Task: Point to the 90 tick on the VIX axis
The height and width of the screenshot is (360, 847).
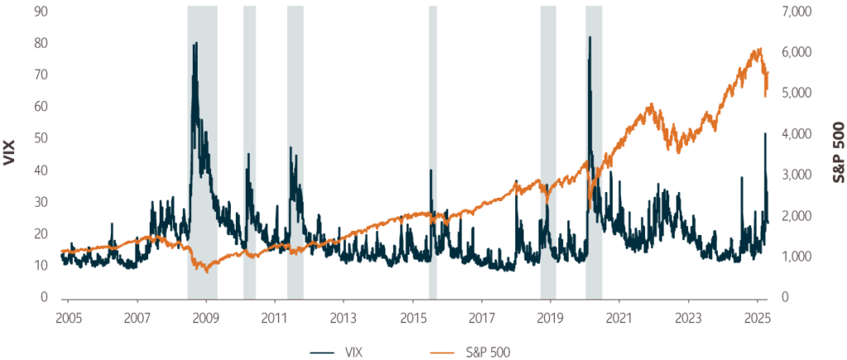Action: [39, 12]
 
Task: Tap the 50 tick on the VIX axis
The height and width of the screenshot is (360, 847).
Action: [39, 138]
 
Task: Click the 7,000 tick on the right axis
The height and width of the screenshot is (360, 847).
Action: [797, 12]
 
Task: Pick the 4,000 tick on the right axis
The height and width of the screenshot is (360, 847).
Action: [797, 134]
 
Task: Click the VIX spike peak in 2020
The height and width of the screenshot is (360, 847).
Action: [590, 37]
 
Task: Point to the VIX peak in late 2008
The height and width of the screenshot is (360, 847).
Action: [195, 43]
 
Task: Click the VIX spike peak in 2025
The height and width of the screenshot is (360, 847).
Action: [765, 133]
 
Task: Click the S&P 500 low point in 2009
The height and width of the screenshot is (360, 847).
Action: [207, 270]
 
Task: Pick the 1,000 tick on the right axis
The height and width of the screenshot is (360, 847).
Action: [797, 257]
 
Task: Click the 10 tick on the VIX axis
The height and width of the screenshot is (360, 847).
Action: [39, 266]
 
